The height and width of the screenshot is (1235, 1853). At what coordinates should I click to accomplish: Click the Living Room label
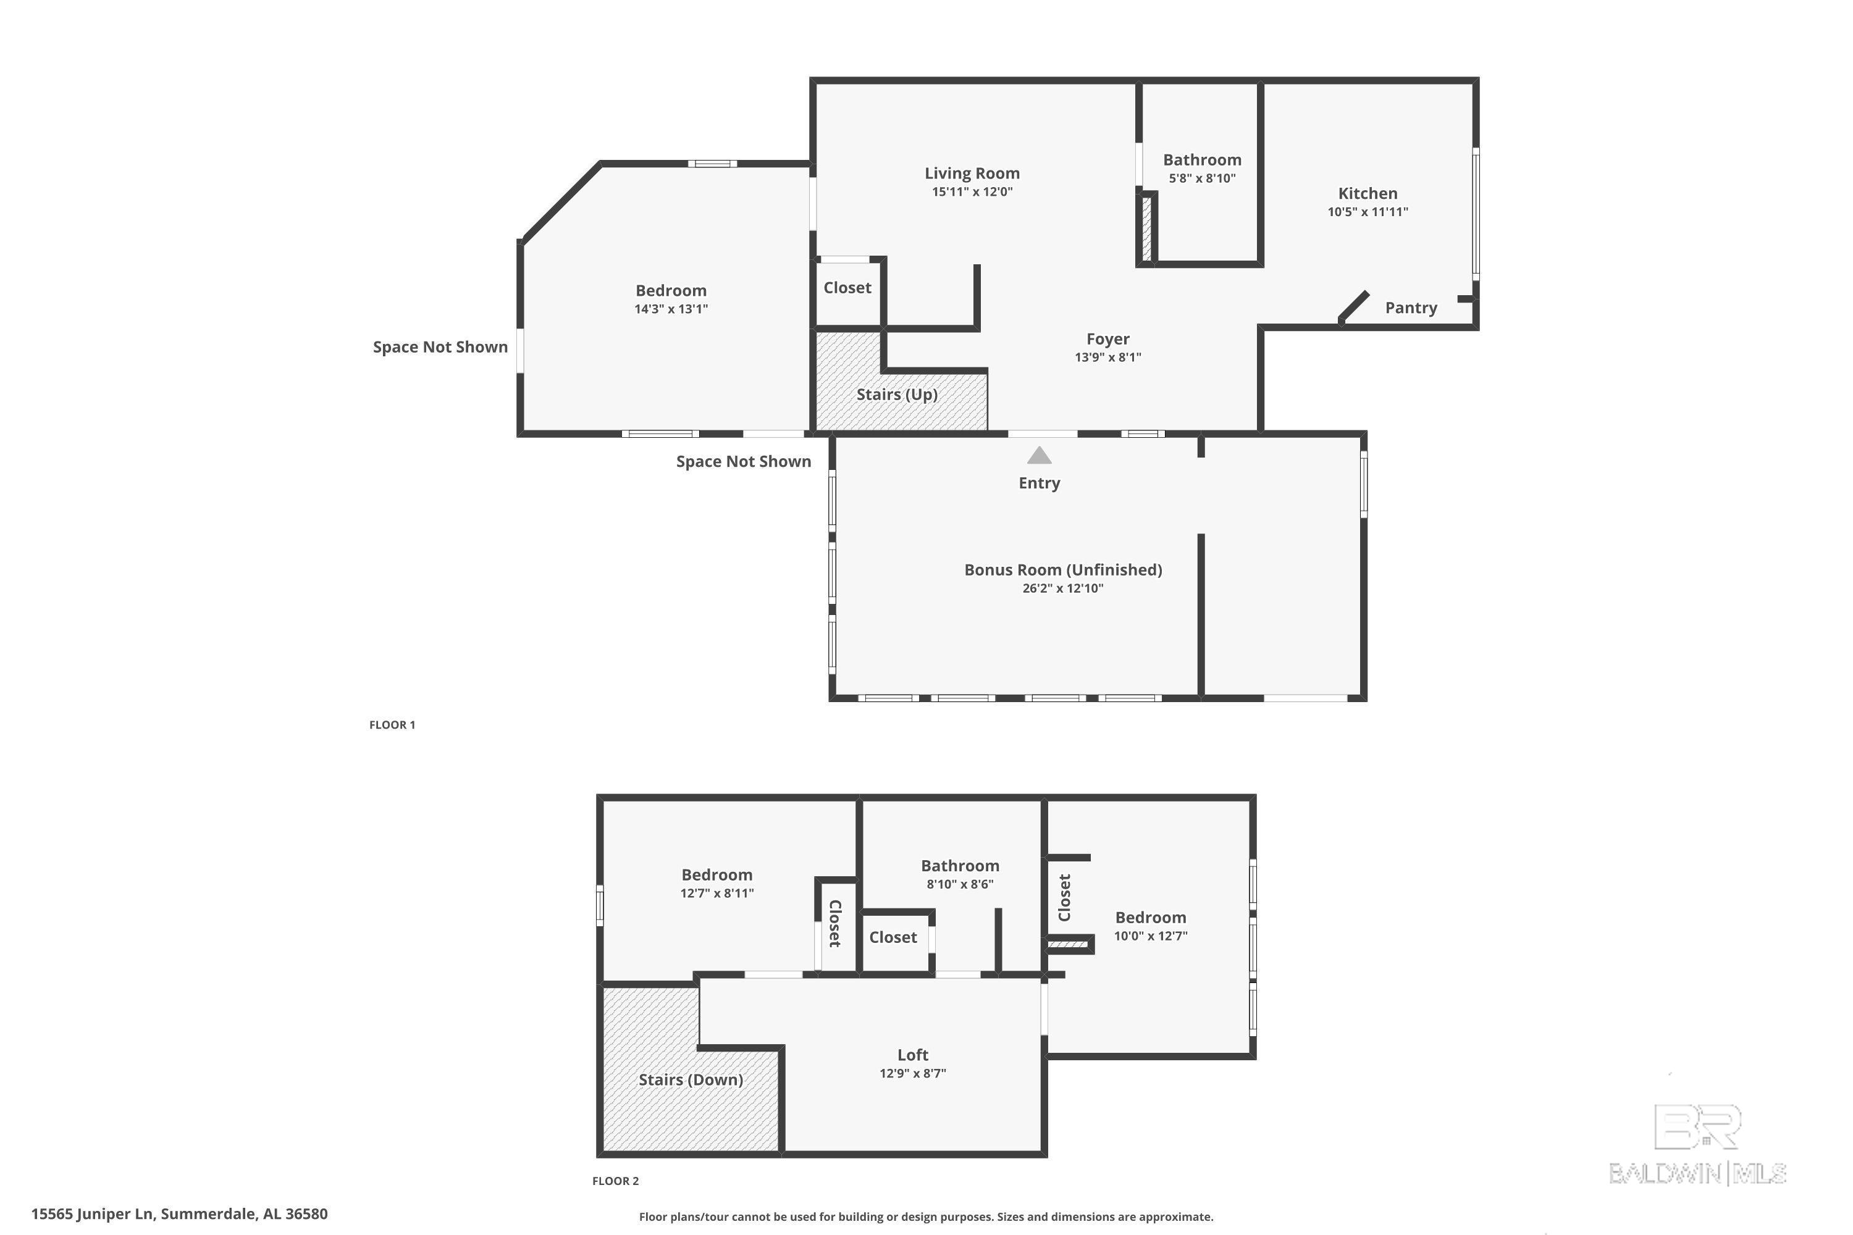972,174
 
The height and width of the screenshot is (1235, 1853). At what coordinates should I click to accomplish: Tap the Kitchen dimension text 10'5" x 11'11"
1368,212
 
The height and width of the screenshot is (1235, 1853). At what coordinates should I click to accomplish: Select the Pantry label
1411,308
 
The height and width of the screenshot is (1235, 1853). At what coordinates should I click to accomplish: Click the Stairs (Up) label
897,394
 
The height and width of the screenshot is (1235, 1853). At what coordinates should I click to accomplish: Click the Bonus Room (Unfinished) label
1063,569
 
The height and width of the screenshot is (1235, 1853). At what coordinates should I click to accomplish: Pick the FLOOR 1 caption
392,724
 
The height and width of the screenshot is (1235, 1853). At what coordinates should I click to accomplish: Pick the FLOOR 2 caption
615,1181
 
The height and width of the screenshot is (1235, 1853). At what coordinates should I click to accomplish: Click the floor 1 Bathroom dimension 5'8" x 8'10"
1202,179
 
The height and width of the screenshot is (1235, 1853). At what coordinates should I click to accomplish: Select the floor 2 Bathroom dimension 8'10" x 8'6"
960,884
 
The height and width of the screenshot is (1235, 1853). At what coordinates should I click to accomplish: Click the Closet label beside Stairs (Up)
847,288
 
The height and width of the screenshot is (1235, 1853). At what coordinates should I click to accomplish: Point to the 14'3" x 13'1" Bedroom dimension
671,309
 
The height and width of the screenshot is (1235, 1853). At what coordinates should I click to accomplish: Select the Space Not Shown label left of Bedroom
440,347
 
